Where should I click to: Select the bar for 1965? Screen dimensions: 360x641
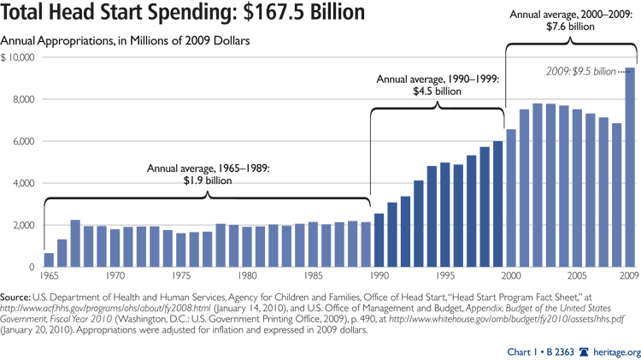pos(49,260)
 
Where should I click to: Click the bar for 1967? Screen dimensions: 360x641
pos(75,244)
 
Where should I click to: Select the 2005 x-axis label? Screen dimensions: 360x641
pos(578,277)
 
